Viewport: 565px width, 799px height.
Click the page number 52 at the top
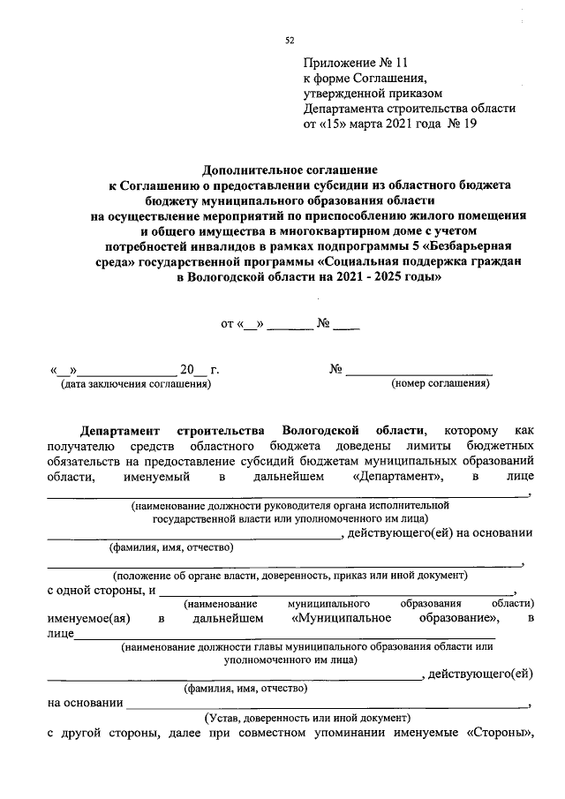click(x=289, y=40)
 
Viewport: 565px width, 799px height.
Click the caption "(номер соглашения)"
click(x=441, y=384)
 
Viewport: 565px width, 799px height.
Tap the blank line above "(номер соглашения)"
click(x=418, y=371)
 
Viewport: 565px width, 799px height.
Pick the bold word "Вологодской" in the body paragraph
click(x=321, y=431)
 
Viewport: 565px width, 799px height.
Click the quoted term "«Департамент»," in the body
click(x=397, y=478)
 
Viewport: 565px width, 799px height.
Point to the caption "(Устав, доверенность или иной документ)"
click(x=295, y=718)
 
